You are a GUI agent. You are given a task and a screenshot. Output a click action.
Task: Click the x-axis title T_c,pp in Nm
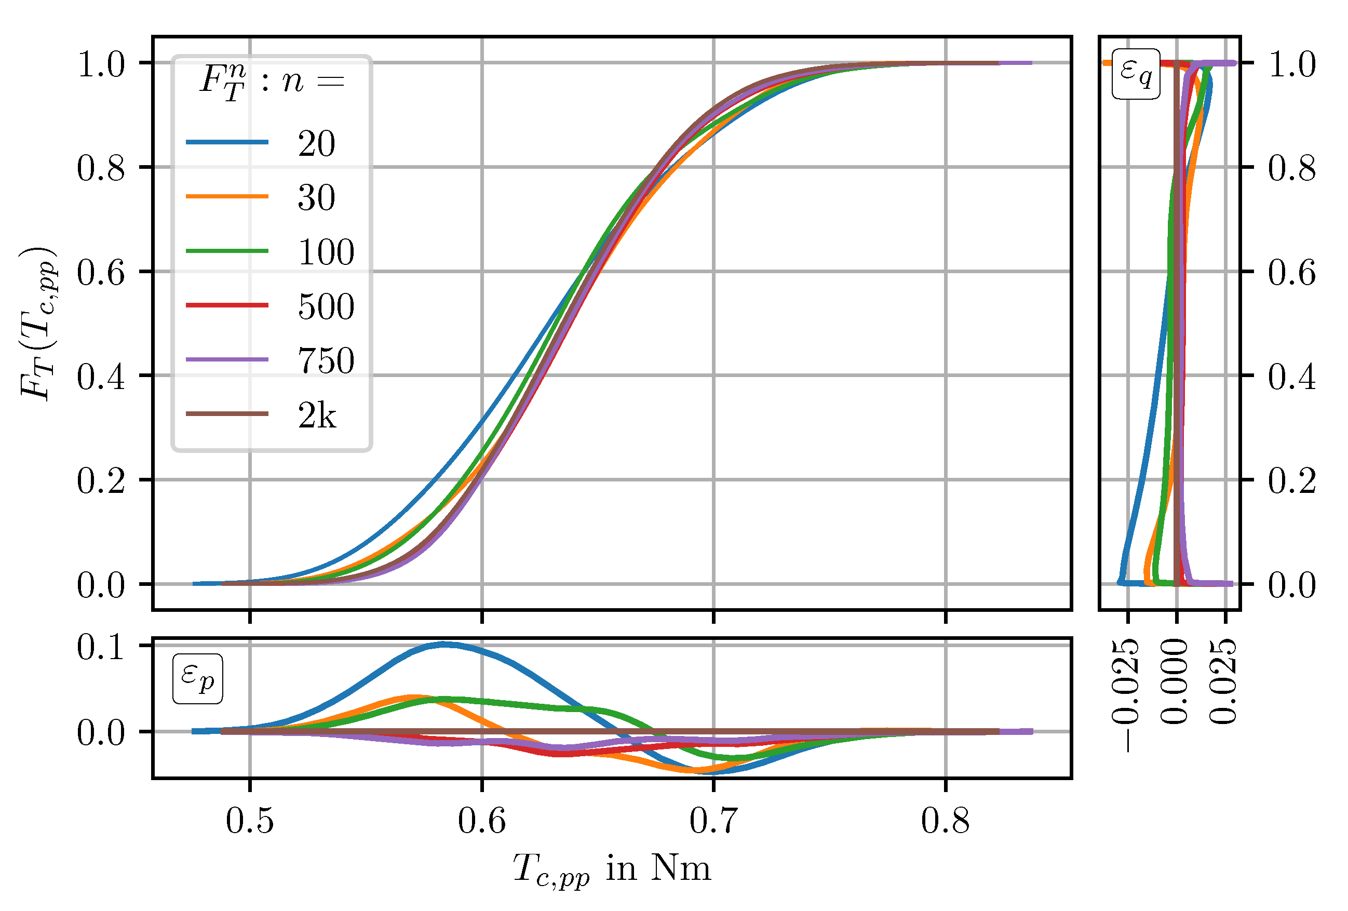point(612,868)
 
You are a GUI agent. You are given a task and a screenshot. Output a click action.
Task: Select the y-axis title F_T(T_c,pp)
point(38,323)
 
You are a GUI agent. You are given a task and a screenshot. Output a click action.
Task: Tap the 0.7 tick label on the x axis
point(713,821)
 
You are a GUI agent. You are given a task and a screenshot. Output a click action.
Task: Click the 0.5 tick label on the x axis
point(249,821)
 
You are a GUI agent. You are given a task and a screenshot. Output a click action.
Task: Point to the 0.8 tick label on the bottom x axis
point(945,821)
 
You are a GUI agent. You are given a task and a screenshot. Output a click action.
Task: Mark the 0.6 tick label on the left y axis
point(100,272)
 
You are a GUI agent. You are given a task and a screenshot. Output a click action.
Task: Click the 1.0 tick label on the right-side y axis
point(1291,64)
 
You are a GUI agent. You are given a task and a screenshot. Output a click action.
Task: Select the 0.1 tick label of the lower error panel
point(100,647)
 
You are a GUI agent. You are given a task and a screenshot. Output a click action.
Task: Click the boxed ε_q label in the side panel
point(1136,74)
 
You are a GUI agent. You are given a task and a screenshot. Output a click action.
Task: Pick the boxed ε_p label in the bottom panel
point(197,678)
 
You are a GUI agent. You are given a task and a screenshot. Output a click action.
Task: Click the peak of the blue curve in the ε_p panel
point(444,644)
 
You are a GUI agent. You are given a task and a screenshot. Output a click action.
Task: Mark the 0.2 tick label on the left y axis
point(100,480)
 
